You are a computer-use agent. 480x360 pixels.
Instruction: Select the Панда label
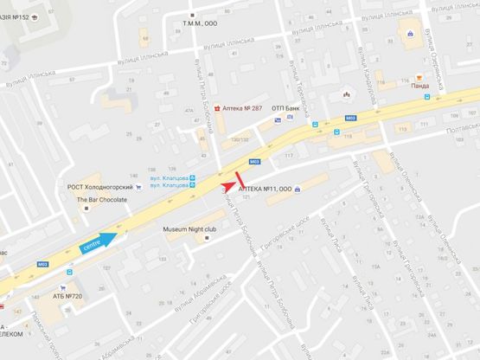click(420, 87)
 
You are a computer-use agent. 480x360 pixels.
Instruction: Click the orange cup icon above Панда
click(419, 77)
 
